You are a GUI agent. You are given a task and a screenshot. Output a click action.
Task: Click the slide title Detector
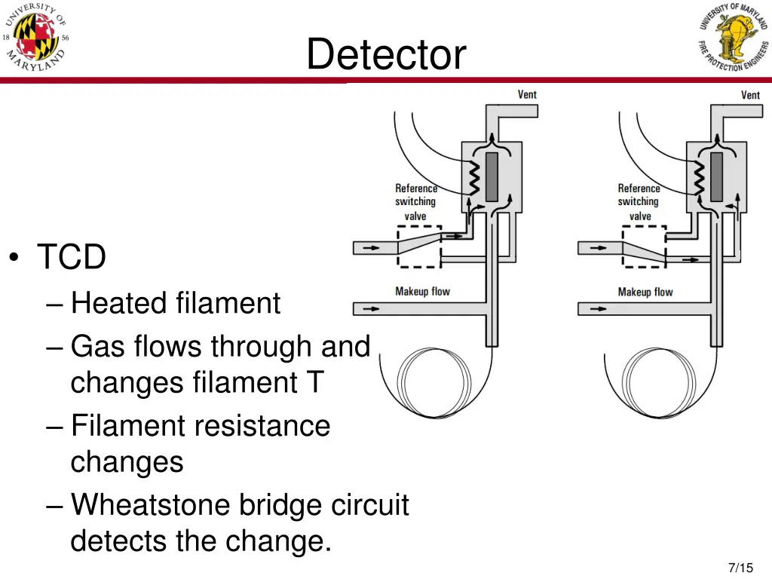pyautogui.click(x=386, y=55)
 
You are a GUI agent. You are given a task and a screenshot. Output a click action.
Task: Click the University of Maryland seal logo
pyautogui.click(x=36, y=38)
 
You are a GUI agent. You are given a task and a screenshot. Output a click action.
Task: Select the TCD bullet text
pyautogui.click(x=72, y=258)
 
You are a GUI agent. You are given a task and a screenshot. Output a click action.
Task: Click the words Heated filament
pyautogui.click(x=175, y=303)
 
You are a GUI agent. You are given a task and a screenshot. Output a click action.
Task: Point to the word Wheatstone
pyautogui.click(x=151, y=504)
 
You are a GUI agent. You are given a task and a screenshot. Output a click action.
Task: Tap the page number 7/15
pyautogui.click(x=741, y=568)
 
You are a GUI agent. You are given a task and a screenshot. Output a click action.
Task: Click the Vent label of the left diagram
pyautogui.click(x=527, y=94)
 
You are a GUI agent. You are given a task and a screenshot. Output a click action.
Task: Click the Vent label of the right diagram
pyautogui.click(x=750, y=94)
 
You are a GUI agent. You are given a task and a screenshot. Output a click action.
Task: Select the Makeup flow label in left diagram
pyautogui.click(x=422, y=291)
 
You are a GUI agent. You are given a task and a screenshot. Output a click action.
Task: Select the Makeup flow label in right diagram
pyautogui.click(x=645, y=292)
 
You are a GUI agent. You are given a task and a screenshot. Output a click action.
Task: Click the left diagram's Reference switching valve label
pyautogui.click(x=415, y=202)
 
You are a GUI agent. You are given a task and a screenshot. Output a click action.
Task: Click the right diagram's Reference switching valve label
pyautogui.click(x=639, y=202)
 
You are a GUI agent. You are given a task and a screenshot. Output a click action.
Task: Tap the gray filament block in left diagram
pyautogui.click(x=493, y=176)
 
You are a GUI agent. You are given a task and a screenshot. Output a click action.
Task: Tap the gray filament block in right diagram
pyautogui.click(x=716, y=176)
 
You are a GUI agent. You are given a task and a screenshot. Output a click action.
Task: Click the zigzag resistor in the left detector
pyautogui.click(x=475, y=178)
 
